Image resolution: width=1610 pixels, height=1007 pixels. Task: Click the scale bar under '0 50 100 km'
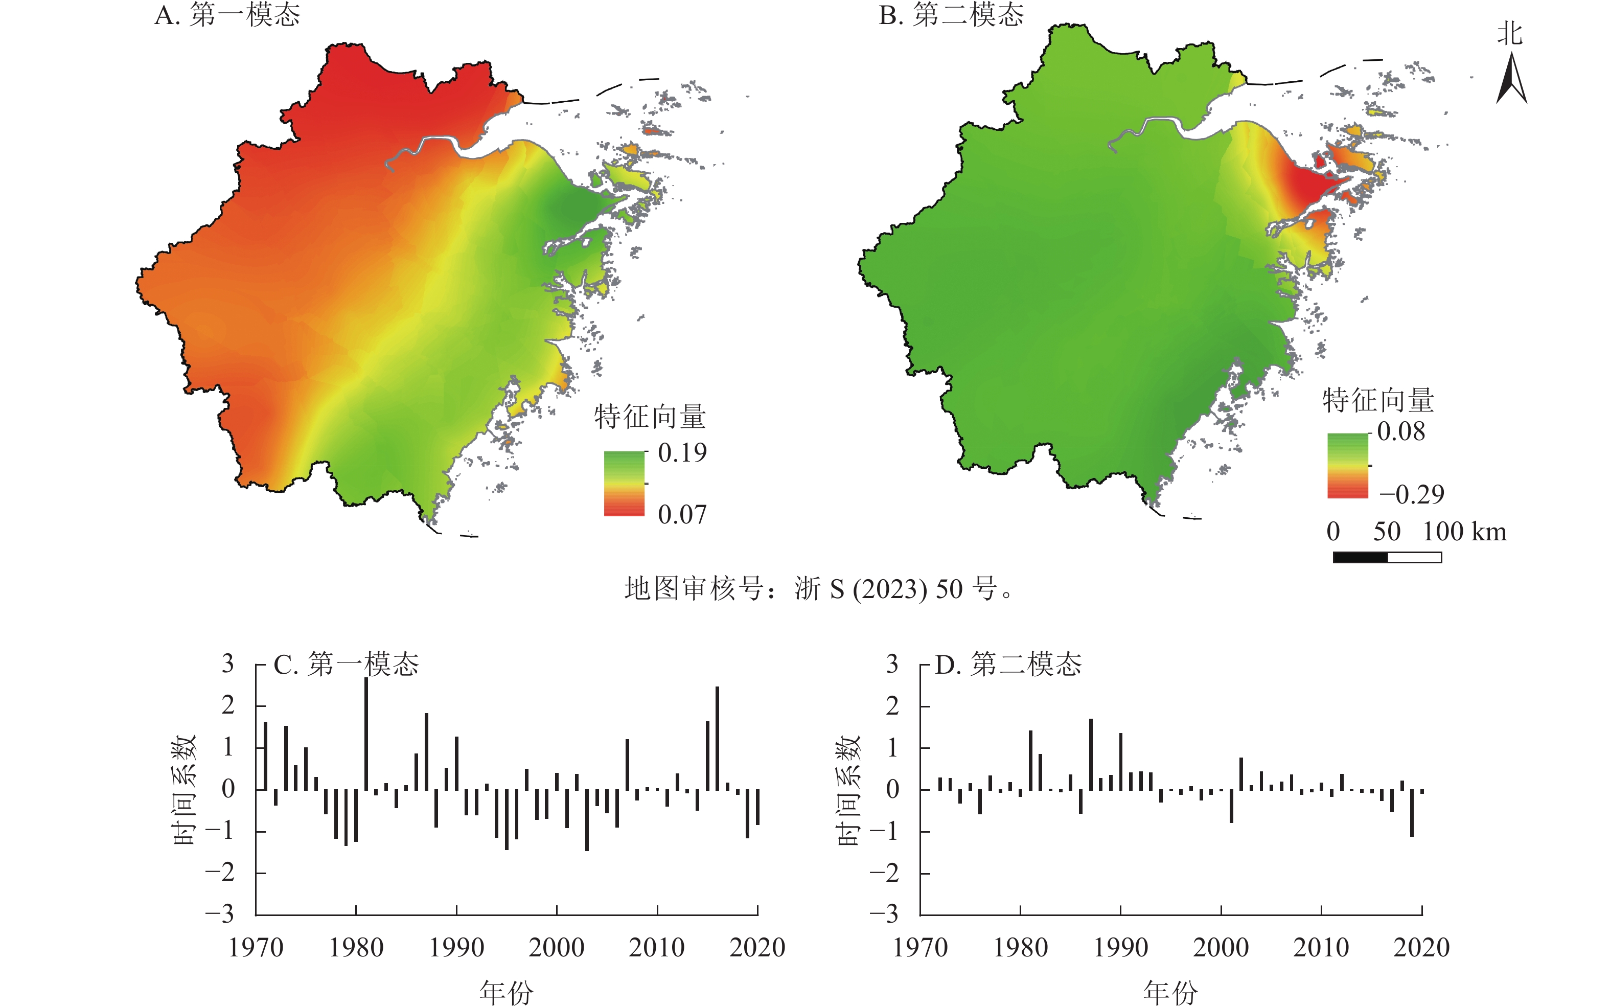[x=1387, y=557]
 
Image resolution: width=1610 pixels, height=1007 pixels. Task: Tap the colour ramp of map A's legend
[x=624, y=484]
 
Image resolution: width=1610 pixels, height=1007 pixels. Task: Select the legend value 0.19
[x=682, y=453]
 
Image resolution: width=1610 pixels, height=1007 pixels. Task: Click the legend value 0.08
[x=1401, y=431]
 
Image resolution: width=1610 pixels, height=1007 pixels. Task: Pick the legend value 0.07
[x=682, y=515]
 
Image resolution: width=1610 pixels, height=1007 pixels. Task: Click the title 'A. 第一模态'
[x=227, y=15]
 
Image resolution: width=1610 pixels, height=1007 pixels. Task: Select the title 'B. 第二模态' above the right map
[x=951, y=15]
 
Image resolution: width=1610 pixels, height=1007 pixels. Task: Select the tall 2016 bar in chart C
[x=717, y=738]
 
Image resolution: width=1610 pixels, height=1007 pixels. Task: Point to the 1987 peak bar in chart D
[x=1091, y=754]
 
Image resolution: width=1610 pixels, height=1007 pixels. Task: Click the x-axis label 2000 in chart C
[x=557, y=947]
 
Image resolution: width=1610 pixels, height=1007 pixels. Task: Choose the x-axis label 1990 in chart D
[x=1120, y=947]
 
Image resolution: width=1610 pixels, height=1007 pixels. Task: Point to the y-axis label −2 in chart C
[x=220, y=873]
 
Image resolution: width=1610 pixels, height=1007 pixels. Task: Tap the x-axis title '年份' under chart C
[x=506, y=992]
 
